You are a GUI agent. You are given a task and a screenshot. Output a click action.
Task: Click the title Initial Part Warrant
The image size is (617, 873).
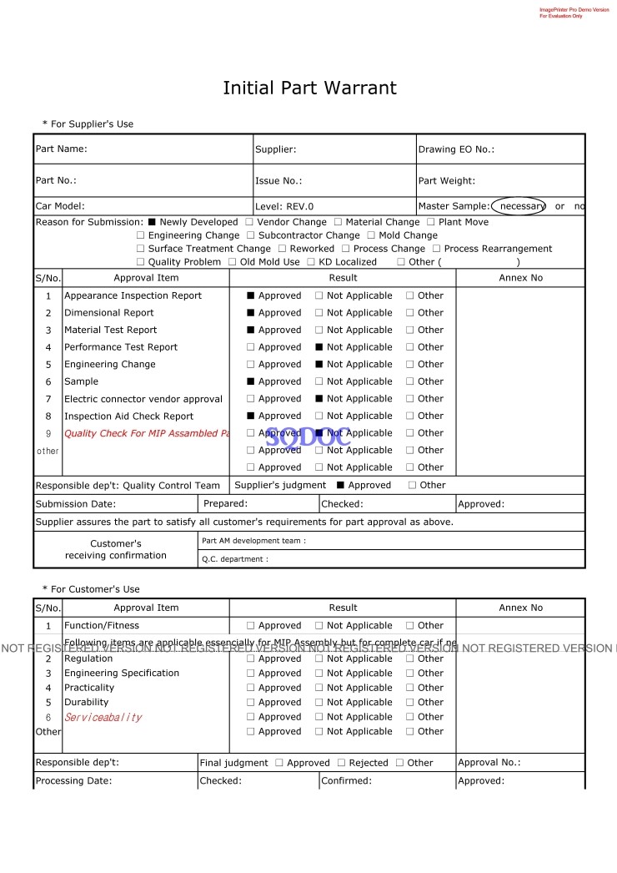pos(309,88)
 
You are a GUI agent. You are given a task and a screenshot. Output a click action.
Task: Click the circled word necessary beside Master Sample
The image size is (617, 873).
pos(519,206)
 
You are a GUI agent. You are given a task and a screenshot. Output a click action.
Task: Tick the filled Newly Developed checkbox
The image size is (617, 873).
pos(152,222)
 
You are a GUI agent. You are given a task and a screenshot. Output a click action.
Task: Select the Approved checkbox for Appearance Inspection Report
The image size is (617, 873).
pos(250,295)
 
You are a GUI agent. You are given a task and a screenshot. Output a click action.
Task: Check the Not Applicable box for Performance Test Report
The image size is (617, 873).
pos(319,347)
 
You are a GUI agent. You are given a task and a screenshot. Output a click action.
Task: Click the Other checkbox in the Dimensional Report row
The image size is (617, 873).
pos(409,313)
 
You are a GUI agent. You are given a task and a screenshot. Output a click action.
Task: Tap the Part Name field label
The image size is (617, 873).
pos(61,149)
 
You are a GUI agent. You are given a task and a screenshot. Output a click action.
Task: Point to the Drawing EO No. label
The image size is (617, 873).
pos(456,149)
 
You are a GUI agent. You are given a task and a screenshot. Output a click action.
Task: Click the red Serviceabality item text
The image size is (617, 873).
pos(103,718)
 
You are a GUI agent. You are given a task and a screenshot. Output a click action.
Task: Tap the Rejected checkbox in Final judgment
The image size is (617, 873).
pos(340,763)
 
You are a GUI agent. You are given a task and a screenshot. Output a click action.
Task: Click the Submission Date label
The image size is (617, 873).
pos(76,504)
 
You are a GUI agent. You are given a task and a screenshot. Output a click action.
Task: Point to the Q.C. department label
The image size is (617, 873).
pos(235,559)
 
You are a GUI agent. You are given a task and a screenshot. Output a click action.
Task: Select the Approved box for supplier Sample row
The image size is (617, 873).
pos(250,381)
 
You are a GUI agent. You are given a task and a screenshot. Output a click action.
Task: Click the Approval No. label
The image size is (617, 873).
pos(489,763)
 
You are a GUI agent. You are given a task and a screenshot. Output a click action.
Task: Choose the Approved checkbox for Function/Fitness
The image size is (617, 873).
pos(250,626)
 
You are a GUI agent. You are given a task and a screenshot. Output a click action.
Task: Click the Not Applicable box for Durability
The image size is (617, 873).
pos(319,703)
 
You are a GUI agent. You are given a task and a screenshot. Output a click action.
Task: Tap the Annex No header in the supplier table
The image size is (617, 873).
pos(520,278)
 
